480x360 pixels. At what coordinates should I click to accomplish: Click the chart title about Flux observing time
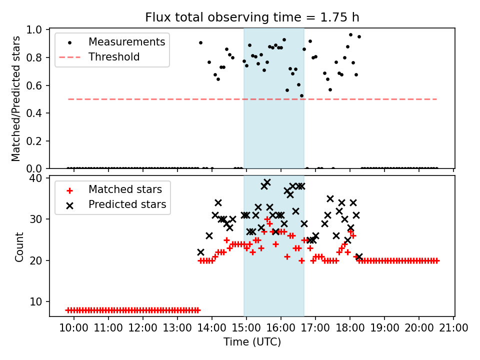[x=252, y=17]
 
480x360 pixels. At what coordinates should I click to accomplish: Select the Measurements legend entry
[x=126, y=42]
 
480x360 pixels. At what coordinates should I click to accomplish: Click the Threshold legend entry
[x=114, y=57]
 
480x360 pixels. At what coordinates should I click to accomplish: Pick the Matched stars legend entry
[x=125, y=189]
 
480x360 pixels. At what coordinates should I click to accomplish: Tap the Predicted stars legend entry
[x=127, y=204]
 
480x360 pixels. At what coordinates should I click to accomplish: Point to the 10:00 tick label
[x=74, y=328]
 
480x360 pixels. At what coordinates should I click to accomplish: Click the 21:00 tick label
[x=453, y=328]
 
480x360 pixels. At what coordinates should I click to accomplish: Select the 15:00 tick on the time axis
[x=246, y=328]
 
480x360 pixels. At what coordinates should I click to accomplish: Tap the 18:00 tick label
[x=350, y=328]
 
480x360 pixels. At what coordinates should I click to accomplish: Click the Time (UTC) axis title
[x=252, y=342]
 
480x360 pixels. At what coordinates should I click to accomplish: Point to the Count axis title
[x=19, y=246]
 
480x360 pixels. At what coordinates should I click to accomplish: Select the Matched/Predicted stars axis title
[x=16, y=98]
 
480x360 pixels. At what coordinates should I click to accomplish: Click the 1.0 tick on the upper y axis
[x=38, y=30]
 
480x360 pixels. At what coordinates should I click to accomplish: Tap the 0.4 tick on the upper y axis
[x=38, y=113]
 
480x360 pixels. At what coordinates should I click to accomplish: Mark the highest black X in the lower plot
[x=267, y=182]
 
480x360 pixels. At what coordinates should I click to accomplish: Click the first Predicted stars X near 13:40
[x=200, y=252]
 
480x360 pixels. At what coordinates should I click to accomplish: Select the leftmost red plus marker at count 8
[x=68, y=310]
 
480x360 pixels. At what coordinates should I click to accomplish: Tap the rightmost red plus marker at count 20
[x=436, y=260]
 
